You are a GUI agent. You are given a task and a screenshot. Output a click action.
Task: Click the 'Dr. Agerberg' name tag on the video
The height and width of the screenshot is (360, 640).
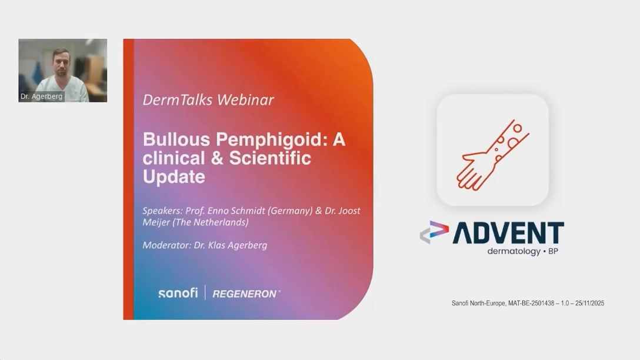pos(42,96)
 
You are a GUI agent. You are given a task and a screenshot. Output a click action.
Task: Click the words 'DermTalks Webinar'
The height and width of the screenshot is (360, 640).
pos(208,100)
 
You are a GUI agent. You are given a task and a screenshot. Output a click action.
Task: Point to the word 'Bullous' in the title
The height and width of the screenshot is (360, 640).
pos(176,139)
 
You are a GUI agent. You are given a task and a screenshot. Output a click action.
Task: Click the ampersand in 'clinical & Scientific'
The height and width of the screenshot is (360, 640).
pos(216,158)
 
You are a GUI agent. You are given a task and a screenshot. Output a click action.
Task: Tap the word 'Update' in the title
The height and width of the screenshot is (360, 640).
pos(174,177)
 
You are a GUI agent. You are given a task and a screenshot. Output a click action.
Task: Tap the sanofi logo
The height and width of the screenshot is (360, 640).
pos(178,293)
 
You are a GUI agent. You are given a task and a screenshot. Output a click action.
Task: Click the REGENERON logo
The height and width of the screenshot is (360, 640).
pos(246,294)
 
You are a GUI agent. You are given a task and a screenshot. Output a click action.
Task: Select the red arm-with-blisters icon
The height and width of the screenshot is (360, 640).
pos(493,155)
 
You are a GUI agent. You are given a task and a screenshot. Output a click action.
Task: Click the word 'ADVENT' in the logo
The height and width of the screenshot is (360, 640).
pos(508,233)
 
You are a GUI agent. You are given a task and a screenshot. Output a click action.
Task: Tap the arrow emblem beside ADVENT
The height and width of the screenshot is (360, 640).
pos(434,232)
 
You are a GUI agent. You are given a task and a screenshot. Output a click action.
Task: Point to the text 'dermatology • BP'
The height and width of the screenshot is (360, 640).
pos(522,251)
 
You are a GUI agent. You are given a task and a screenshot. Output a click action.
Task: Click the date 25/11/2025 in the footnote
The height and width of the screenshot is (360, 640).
pos(589,304)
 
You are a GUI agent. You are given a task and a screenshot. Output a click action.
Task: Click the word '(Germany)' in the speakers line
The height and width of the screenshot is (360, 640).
pos(290,211)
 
